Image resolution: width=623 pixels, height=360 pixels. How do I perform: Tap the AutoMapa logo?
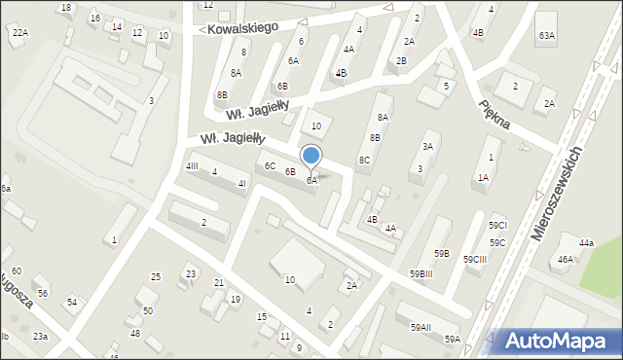tap(557, 341)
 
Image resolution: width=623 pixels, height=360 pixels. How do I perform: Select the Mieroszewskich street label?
tap(557, 196)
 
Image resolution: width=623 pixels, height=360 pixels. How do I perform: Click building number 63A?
tap(547, 36)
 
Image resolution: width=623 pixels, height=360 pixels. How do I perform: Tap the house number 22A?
tap(19, 32)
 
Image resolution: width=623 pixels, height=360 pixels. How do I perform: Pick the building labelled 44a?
tap(586, 242)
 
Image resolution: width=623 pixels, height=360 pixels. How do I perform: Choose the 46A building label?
tap(566, 260)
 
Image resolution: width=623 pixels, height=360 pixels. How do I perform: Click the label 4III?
tap(192, 166)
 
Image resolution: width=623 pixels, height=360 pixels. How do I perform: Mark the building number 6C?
tap(270, 166)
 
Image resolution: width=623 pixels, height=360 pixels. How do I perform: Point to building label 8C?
tap(364, 160)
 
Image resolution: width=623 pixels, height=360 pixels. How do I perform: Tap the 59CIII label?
tap(475, 260)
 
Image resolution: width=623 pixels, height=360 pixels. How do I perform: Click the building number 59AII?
tap(421, 328)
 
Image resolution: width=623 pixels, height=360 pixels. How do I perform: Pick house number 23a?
tap(39, 336)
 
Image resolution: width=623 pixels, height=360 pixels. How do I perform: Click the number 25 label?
tap(156, 277)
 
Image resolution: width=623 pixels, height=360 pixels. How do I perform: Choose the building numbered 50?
tap(148, 311)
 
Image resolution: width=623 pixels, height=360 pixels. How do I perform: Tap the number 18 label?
tap(65, 8)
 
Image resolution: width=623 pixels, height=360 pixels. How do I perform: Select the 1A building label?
tap(483, 177)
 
